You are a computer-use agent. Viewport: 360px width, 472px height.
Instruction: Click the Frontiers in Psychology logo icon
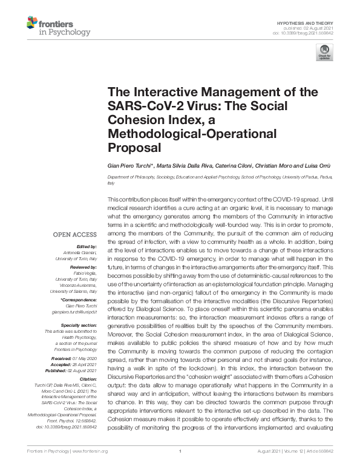(x=32, y=24)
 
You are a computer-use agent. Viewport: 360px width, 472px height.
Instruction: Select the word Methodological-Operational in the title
(x=191, y=133)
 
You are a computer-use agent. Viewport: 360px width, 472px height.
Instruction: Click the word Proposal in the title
(x=133, y=147)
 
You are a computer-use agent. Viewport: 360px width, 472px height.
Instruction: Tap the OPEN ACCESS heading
(x=76, y=234)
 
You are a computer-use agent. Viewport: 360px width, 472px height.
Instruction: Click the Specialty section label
(x=79, y=325)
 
